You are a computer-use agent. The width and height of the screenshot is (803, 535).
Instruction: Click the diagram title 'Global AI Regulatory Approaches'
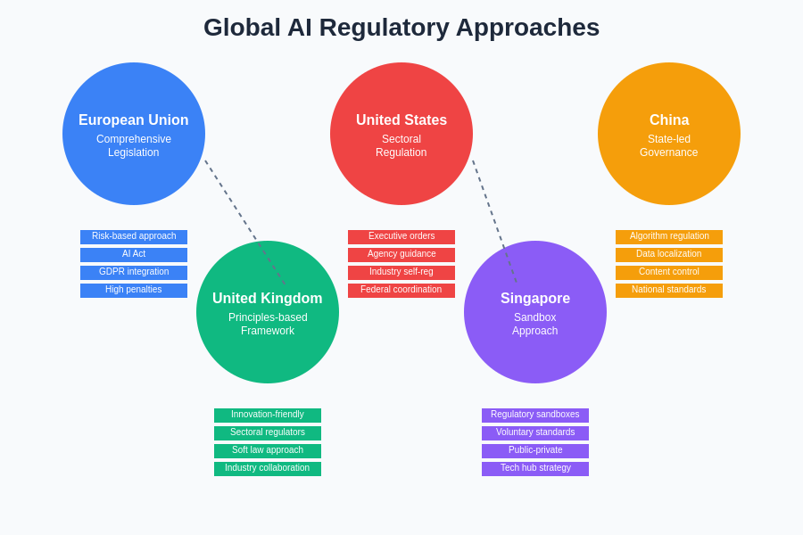pos(401,28)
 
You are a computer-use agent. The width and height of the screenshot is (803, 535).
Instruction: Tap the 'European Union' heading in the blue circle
pos(134,120)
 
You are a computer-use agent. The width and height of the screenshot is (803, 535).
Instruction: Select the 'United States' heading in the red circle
pos(401,120)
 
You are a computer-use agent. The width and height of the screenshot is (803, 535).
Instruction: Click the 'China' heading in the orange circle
pos(669,120)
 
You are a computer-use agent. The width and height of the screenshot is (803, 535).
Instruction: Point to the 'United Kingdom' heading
pos(268,299)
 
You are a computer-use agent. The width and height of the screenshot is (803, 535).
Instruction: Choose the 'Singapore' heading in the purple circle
pos(535,299)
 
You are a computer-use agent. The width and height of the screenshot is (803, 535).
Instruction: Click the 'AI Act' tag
pos(134,255)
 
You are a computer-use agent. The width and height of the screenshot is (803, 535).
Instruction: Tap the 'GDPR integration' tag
pos(134,273)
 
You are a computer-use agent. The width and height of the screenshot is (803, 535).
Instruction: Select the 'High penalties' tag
pos(134,291)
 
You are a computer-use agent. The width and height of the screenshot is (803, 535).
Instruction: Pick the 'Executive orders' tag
pos(401,237)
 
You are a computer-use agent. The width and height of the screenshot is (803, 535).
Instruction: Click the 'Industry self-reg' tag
pos(401,273)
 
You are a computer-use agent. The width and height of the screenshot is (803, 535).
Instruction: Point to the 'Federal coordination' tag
pos(401,291)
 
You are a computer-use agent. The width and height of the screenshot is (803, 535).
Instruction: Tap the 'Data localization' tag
pos(669,255)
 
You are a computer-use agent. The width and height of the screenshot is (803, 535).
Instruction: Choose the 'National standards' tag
pos(669,291)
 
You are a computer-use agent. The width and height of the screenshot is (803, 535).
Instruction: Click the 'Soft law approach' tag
pos(268,451)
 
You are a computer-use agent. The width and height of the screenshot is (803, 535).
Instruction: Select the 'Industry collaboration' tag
pos(268,469)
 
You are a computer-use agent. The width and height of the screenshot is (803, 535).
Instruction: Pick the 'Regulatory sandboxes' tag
pos(535,416)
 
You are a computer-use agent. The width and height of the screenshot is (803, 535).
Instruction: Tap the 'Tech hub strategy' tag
pos(535,469)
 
